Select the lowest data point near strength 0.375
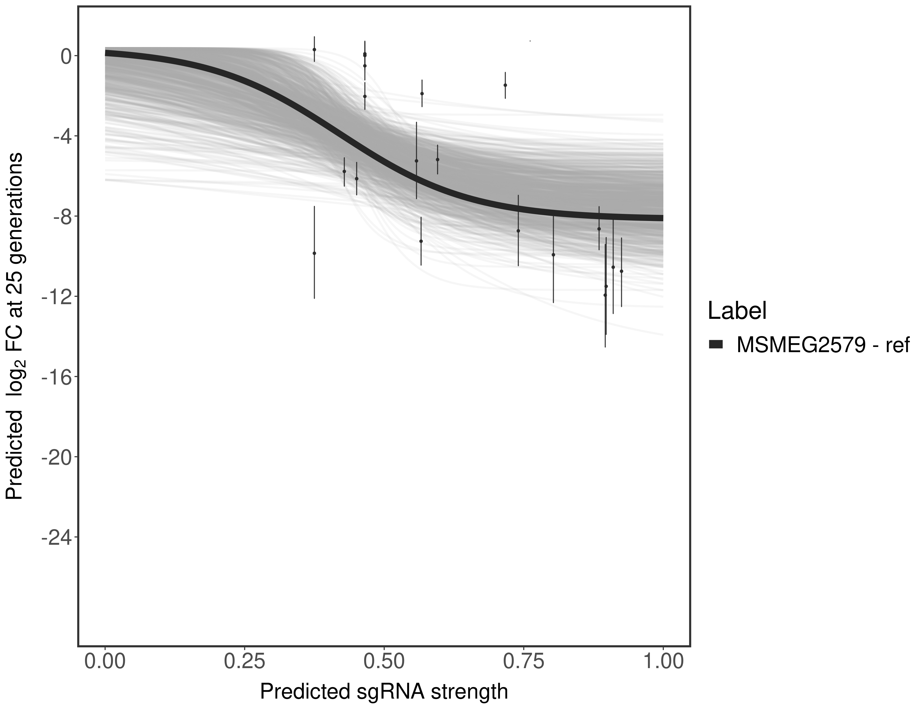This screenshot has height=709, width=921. [x=314, y=253]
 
